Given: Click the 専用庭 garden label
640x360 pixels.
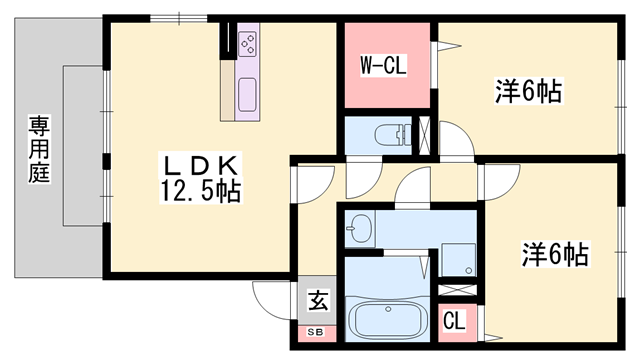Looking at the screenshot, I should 39,148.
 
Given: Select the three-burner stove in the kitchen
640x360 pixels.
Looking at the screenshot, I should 248,43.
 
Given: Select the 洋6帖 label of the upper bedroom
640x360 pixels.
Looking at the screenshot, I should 527,92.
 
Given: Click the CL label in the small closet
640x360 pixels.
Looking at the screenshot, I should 454,322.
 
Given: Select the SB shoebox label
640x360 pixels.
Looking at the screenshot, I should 316,331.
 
